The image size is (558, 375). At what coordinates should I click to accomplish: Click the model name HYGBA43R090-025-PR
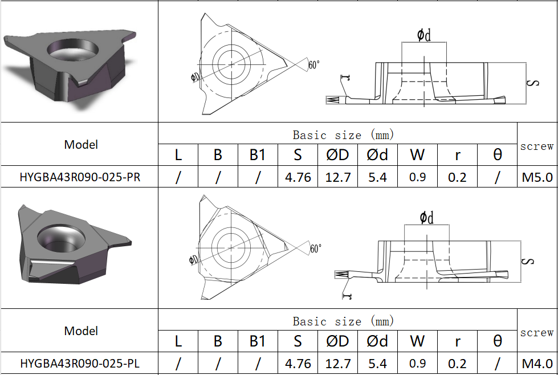click(80, 177)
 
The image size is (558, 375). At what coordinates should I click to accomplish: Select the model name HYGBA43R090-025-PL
click(80, 364)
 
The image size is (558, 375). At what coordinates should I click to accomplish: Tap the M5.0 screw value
click(537, 177)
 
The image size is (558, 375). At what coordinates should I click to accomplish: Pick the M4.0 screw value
click(537, 364)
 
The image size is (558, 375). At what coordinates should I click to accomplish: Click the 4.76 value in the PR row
click(298, 177)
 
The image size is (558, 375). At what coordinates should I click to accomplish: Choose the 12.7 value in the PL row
click(337, 364)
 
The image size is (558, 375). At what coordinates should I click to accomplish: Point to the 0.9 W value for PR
click(417, 177)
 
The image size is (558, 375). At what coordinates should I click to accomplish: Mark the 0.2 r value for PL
click(457, 364)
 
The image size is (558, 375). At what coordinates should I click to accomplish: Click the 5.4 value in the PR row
click(377, 177)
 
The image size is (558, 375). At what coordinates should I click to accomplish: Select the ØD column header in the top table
click(337, 155)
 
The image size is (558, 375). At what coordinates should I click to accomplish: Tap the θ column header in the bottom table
click(497, 341)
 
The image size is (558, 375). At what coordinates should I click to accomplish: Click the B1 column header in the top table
click(258, 155)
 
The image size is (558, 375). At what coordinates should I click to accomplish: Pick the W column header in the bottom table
click(417, 341)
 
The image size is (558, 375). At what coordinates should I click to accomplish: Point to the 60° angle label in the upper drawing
click(314, 64)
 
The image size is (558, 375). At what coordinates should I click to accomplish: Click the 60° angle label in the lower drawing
click(315, 248)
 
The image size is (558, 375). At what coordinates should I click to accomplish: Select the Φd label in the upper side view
click(423, 35)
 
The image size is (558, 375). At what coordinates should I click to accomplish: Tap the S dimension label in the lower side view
click(530, 261)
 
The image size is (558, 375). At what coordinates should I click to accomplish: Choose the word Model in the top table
click(81, 145)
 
